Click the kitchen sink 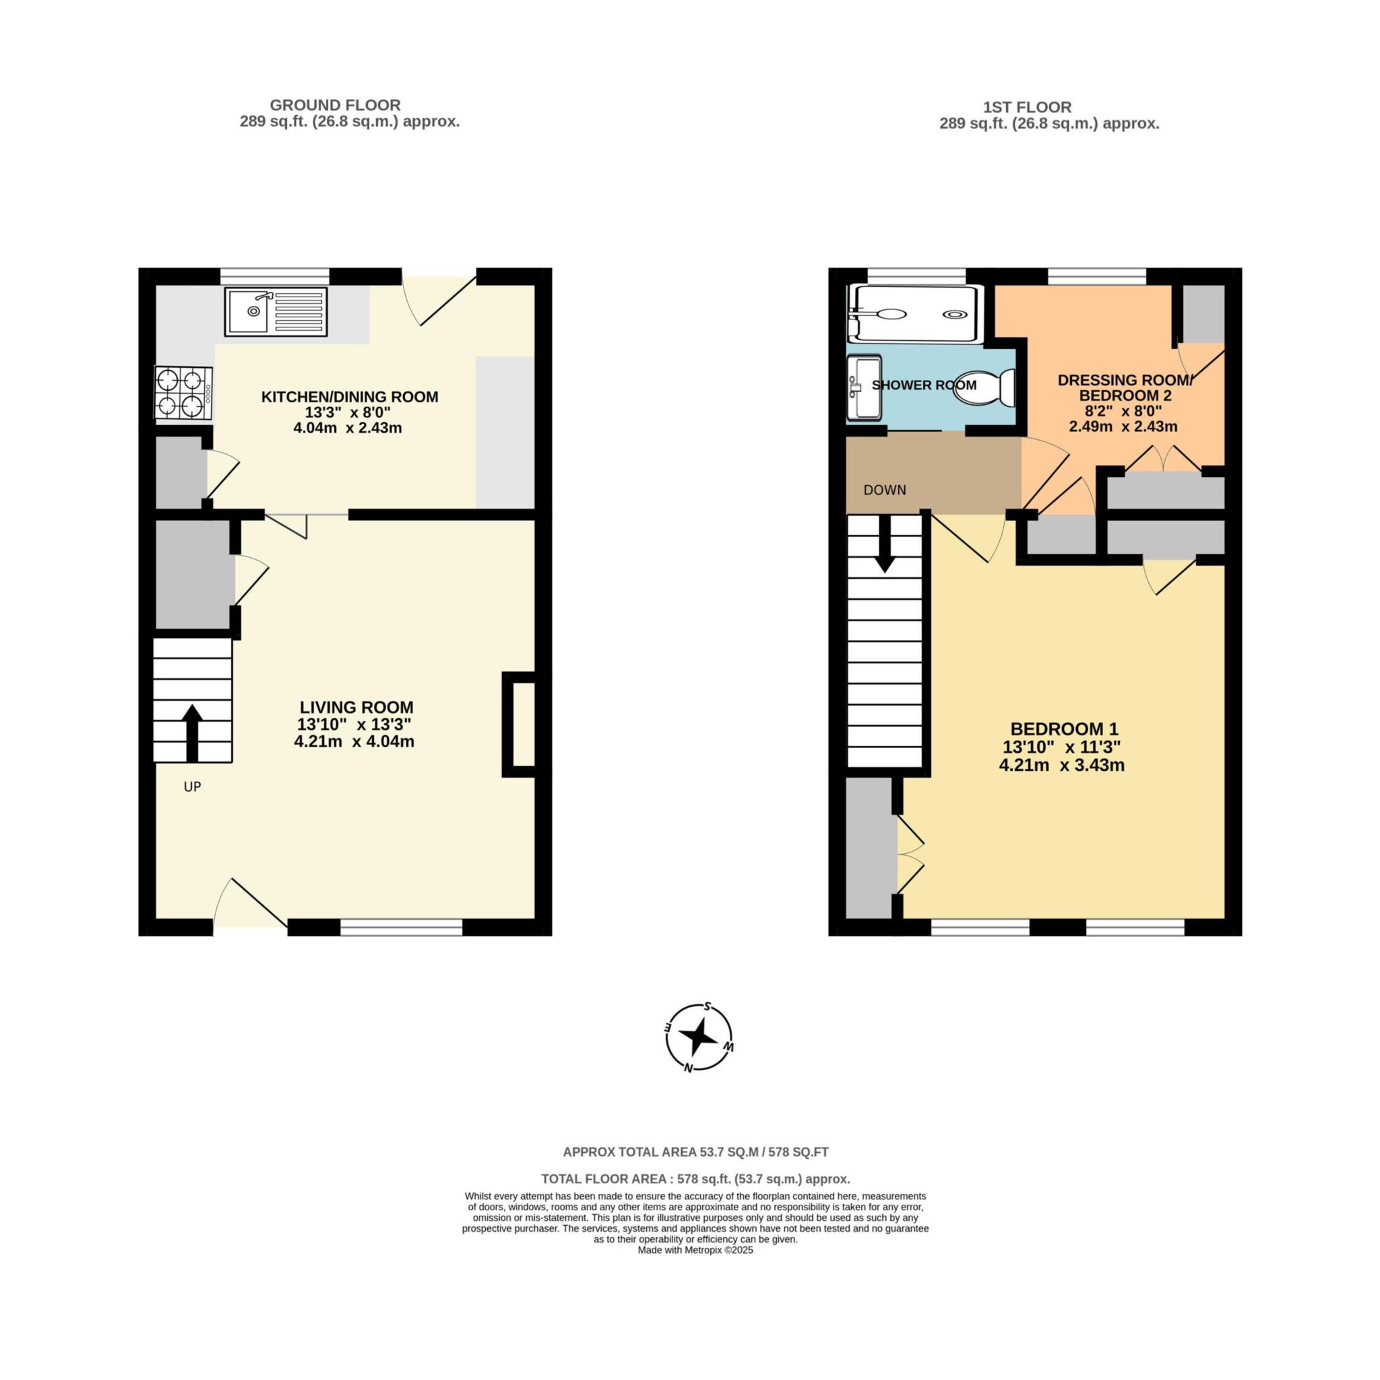(276, 311)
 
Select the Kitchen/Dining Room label (349, 397)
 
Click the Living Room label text (356, 707)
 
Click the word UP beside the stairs (192, 786)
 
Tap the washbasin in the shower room (864, 387)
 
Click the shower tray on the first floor (913, 313)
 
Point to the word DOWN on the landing (884, 490)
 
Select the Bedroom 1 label (1063, 729)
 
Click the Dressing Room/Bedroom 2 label (1125, 388)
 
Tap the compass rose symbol (699, 1036)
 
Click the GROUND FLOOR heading (335, 105)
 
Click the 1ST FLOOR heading (1027, 107)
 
